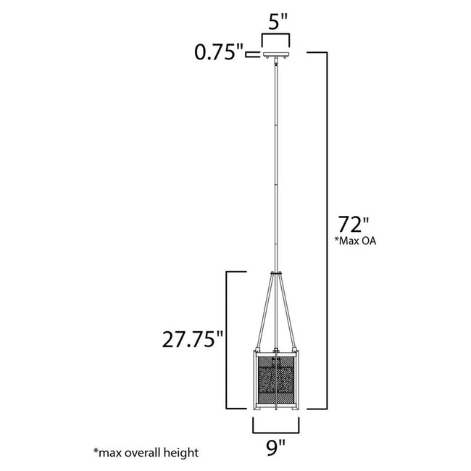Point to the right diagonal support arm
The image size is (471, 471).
tap(288, 312)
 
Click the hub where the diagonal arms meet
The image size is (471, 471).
tap(275, 273)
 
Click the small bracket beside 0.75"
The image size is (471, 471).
tap(251, 54)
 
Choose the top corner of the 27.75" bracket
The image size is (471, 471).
tap(230, 272)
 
